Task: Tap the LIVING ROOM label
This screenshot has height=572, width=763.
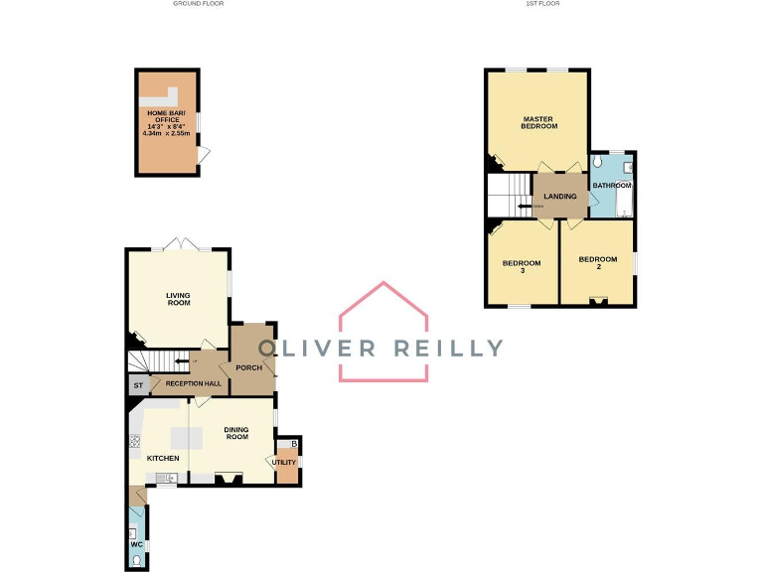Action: (x=178, y=299)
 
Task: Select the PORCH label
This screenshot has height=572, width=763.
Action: (x=248, y=367)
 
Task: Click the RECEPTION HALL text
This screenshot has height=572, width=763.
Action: (x=194, y=383)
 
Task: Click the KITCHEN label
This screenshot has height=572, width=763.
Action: (x=162, y=458)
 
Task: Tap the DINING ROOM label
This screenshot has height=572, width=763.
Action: (x=236, y=433)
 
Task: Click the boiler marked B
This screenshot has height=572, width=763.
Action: (x=293, y=443)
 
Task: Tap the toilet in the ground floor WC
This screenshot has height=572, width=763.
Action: (x=137, y=560)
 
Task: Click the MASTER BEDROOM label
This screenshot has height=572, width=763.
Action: (x=539, y=123)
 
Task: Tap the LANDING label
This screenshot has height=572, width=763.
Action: (x=559, y=197)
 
